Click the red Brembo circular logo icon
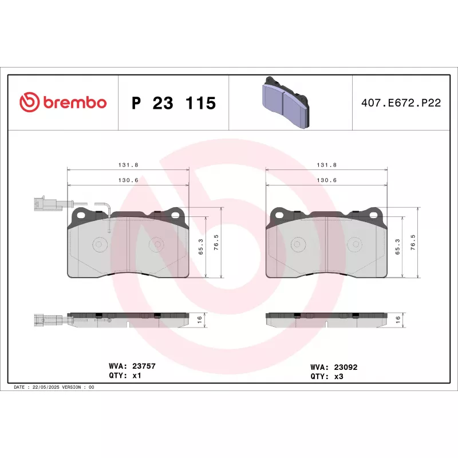[29, 102]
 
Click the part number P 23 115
[174, 103]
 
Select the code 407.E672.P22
[401, 103]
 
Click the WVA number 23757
[144, 366]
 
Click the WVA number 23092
[346, 367]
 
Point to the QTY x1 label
[125, 376]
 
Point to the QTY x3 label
[327, 377]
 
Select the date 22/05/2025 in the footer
[46, 387]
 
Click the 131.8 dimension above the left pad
[128, 165]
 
